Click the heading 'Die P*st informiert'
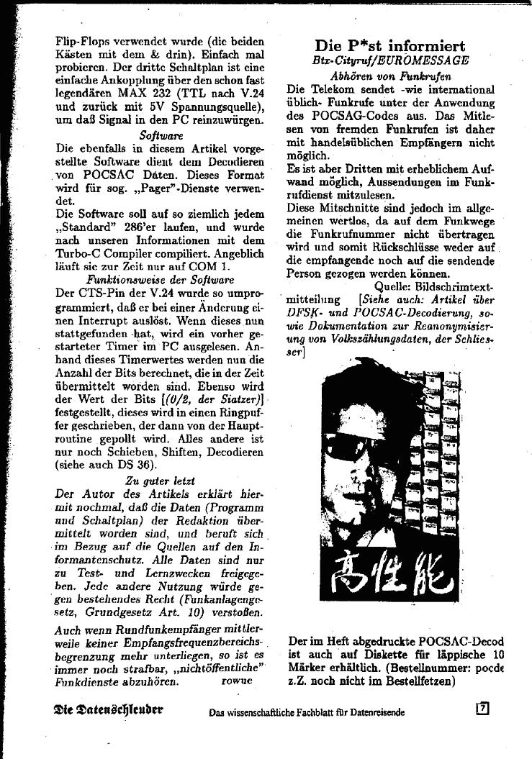click(x=389, y=47)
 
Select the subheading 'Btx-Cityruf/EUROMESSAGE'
click(x=390, y=61)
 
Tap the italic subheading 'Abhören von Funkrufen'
click(x=390, y=76)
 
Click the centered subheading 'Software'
click(x=161, y=135)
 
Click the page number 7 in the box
click(x=483, y=707)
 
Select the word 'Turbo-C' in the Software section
click(x=80, y=255)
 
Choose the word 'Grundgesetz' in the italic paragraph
click(x=117, y=612)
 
